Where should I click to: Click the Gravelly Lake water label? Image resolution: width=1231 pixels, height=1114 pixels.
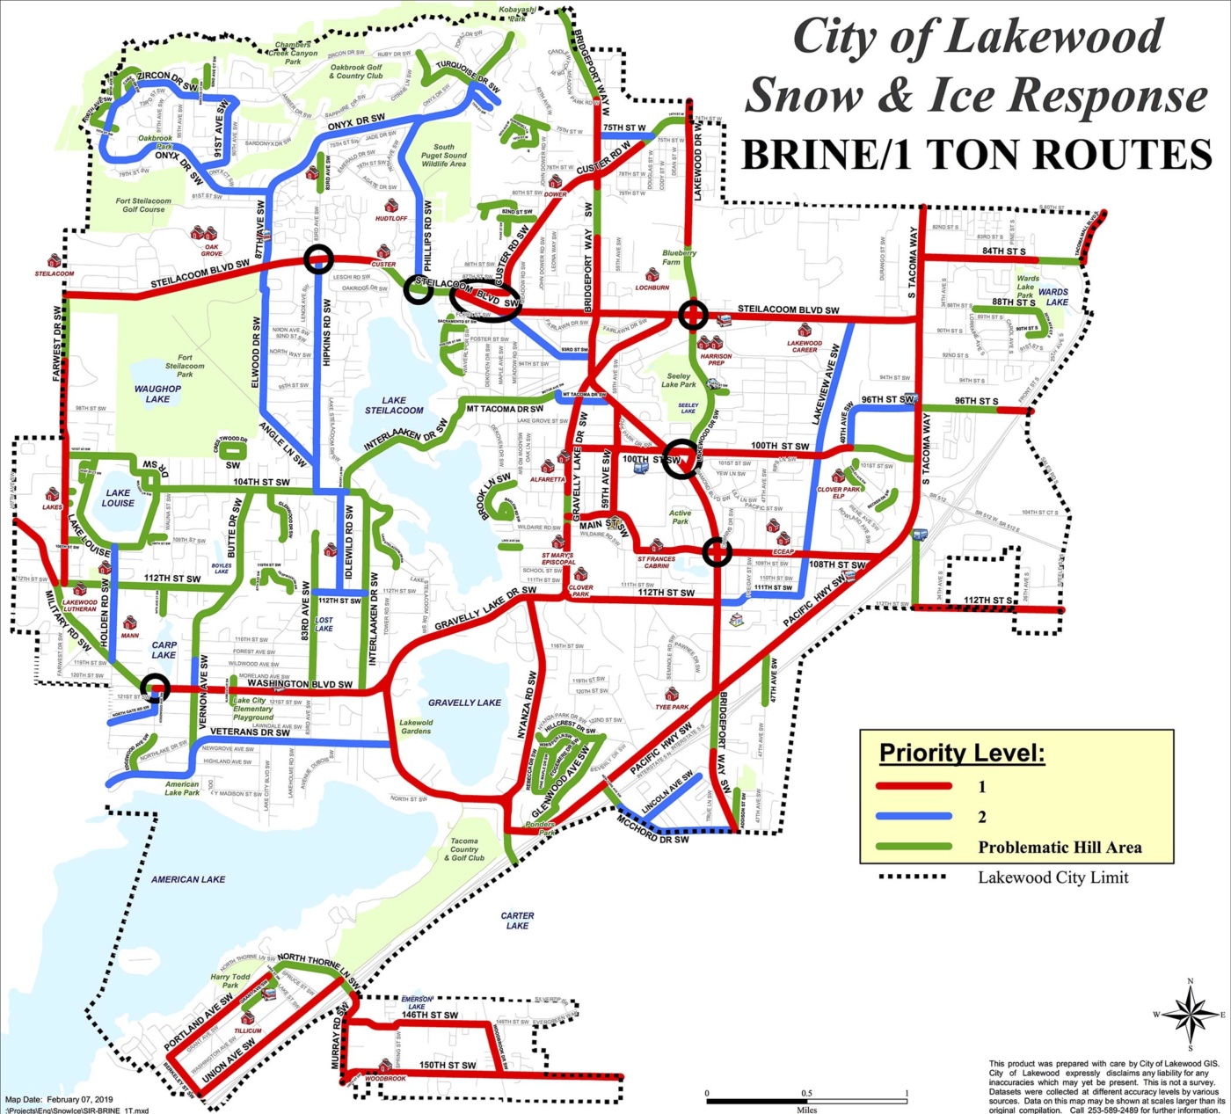click(x=464, y=703)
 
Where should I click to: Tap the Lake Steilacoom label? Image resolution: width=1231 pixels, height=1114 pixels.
click(x=394, y=405)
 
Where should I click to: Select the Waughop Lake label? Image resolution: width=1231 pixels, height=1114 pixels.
click(x=157, y=394)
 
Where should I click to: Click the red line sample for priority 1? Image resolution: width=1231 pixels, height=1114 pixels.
click(x=914, y=786)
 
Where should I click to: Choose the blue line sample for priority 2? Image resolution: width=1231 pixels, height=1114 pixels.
click(x=914, y=817)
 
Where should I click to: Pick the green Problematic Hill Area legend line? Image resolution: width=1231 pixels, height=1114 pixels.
click(x=914, y=848)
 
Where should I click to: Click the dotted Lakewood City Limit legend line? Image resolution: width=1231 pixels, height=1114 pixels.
click(x=914, y=877)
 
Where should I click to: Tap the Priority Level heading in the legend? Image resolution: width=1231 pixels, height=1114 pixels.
click(x=962, y=754)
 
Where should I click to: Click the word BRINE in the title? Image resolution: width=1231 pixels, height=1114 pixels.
click(x=809, y=156)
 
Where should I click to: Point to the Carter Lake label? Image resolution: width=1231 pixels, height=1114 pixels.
click(x=517, y=921)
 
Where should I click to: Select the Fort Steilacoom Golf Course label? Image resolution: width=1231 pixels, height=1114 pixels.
click(x=144, y=205)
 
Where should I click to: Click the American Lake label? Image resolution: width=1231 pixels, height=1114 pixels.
click(x=188, y=879)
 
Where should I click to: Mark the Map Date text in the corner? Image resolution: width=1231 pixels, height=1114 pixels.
click(x=59, y=1100)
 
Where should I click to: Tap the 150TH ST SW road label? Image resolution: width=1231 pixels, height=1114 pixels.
click(x=448, y=1066)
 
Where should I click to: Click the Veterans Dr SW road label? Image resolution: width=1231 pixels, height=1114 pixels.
click(x=250, y=732)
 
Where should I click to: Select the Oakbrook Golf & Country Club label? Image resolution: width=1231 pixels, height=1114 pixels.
click(x=356, y=71)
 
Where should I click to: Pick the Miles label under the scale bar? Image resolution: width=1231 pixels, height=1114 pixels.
click(x=805, y=1110)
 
